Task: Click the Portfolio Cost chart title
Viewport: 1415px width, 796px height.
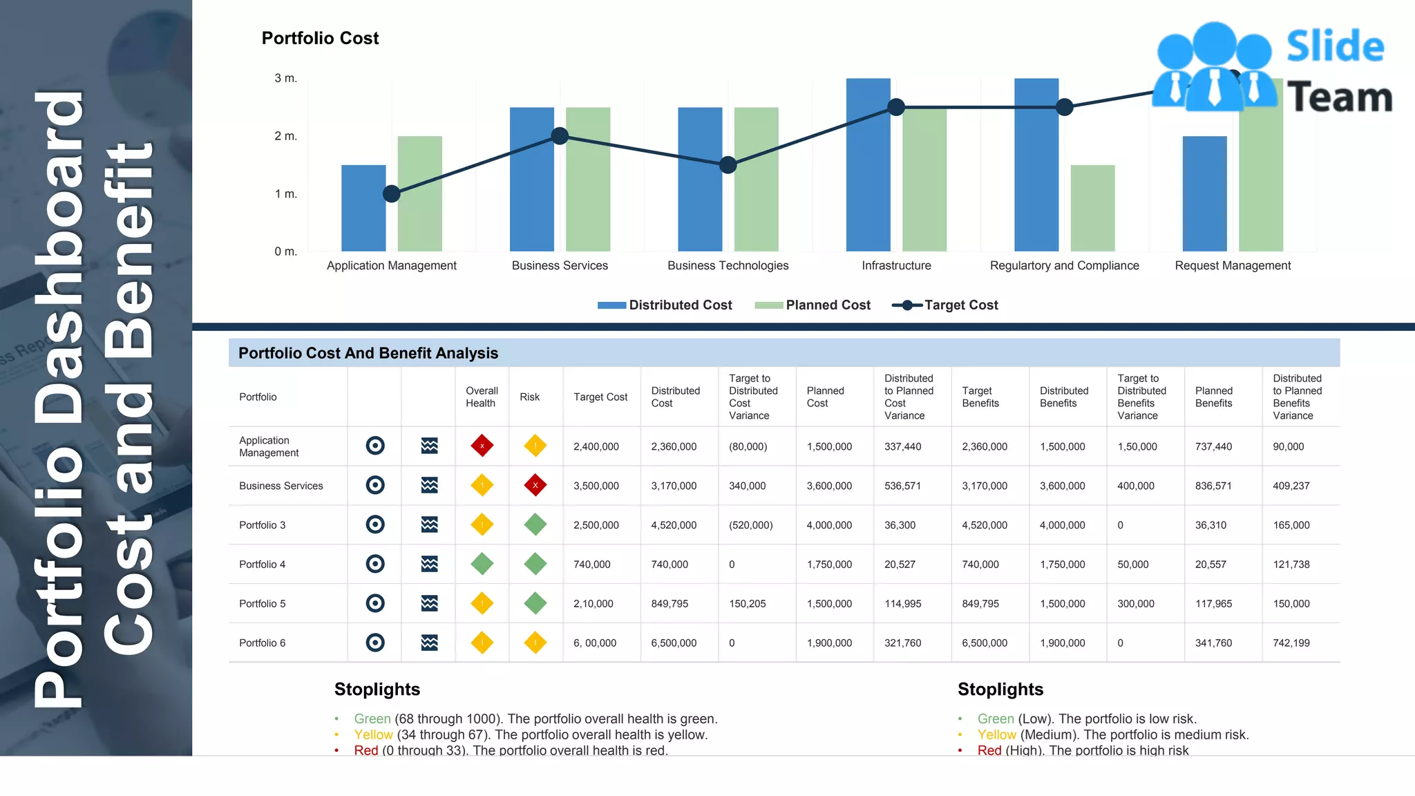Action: pos(320,39)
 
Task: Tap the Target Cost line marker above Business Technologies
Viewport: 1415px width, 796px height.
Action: pos(728,165)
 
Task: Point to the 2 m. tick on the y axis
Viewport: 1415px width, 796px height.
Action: pos(285,136)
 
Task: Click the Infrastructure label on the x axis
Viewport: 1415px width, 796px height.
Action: pos(895,265)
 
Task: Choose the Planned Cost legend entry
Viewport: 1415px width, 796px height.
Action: pos(813,305)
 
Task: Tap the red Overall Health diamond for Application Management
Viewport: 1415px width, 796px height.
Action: pos(482,446)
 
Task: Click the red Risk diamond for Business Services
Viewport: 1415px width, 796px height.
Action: pos(535,485)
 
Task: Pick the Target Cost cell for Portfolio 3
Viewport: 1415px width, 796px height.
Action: pos(596,525)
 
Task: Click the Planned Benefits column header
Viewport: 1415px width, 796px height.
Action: pos(1213,397)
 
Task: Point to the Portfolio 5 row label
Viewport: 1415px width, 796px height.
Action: pos(262,604)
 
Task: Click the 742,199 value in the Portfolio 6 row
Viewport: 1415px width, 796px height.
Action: pos(1291,643)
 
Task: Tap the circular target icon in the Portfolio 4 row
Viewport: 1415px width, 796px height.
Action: pos(375,564)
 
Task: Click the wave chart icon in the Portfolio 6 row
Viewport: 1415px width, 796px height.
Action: pos(429,643)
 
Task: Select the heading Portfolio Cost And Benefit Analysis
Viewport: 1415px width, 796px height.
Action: pos(368,353)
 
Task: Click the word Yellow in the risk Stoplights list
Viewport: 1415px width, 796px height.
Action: pos(996,735)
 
